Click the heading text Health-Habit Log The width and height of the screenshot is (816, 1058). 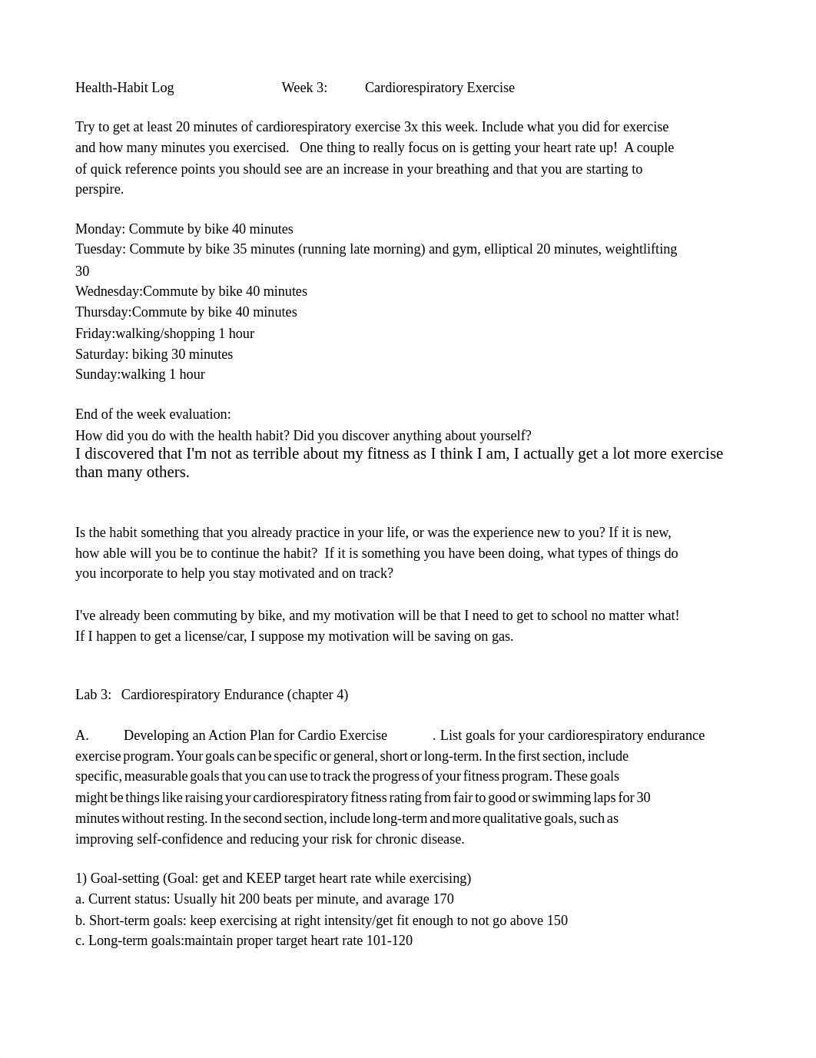[x=124, y=88]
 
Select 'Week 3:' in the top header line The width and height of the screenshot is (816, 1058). [x=304, y=88]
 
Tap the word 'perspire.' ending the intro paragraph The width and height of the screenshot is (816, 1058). [x=99, y=190]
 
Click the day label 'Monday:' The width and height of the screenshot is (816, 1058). [x=100, y=229]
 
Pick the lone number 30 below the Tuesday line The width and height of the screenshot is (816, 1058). [x=82, y=271]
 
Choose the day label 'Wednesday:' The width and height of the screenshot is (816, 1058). [x=108, y=291]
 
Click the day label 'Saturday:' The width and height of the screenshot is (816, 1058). [x=101, y=354]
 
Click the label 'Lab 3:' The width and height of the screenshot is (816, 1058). [x=93, y=695]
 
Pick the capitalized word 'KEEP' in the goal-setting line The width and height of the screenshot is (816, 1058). [x=261, y=878]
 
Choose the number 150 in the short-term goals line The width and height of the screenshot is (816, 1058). [x=557, y=920]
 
